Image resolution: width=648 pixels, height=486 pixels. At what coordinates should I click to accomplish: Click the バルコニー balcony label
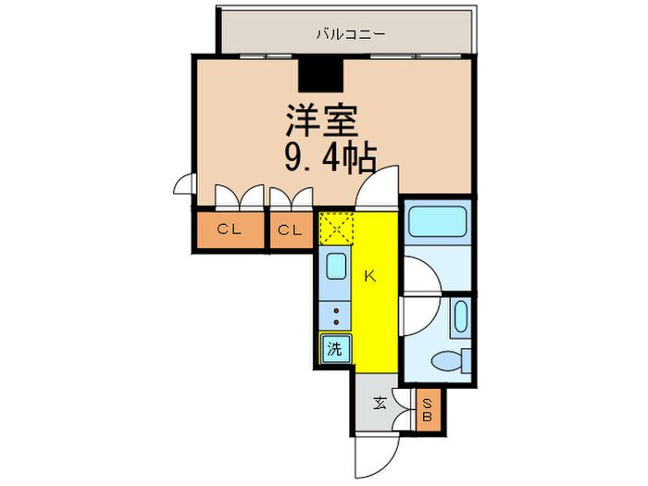(x=350, y=35)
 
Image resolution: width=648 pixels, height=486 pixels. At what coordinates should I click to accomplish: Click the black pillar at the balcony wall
(x=320, y=72)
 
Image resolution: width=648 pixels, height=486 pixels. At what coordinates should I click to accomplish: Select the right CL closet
(x=291, y=231)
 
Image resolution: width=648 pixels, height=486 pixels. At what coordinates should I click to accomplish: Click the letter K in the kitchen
(x=369, y=275)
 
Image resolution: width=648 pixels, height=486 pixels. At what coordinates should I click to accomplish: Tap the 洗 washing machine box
(x=334, y=349)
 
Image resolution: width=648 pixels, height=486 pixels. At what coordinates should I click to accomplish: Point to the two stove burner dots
(x=335, y=316)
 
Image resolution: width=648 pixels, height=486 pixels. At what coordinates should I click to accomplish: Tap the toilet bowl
(x=453, y=358)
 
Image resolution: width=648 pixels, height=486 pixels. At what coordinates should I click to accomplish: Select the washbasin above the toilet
(x=459, y=318)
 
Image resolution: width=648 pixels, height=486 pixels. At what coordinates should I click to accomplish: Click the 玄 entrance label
(x=380, y=404)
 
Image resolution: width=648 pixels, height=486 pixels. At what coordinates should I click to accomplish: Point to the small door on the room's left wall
(x=182, y=184)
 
